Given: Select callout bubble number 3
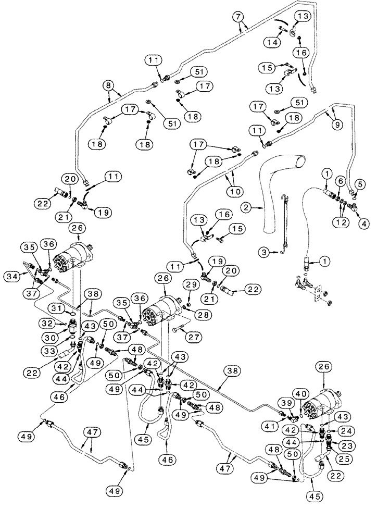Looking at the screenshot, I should (x=265, y=252).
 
